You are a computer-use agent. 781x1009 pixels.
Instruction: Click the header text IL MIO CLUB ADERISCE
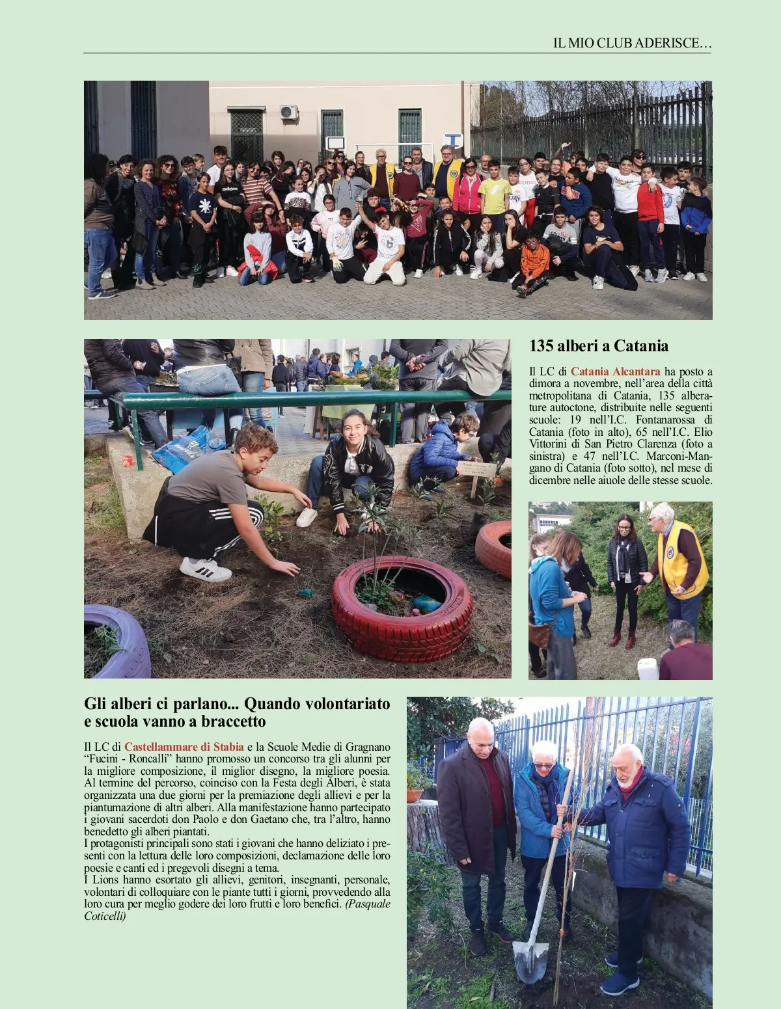[x=631, y=44]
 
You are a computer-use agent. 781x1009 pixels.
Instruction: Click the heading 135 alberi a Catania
[x=598, y=345]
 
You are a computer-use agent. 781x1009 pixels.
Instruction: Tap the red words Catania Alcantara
[x=615, y=371]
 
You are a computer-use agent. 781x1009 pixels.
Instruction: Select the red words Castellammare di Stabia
[x=184, y=746]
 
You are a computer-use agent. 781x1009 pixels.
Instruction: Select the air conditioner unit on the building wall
[x=288, y=112]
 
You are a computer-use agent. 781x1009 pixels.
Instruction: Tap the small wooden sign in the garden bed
[x=478, y=470]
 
